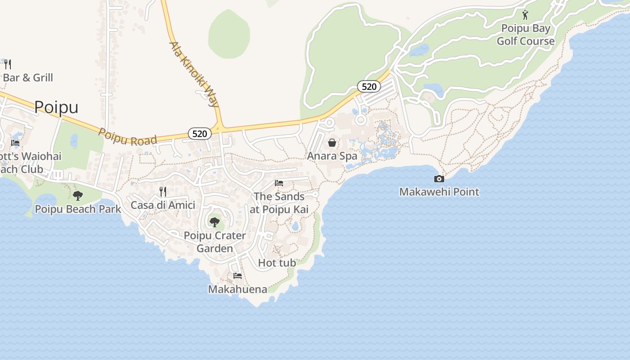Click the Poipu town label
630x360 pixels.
(56, 107)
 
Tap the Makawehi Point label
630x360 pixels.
(439, 192)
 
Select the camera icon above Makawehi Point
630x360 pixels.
(439, 179)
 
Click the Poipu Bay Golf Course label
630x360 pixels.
(526, 35)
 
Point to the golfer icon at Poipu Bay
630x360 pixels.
(525, 15)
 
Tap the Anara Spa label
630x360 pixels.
(332, 156)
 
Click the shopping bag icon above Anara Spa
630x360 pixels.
(332, 143)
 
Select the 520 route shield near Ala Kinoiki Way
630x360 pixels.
(199, 133)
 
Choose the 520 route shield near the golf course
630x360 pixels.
(369, 86)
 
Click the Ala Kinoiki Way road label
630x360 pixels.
(194, 74)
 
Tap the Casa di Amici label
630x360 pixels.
(163, 205)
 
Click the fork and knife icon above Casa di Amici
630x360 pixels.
(163, 192)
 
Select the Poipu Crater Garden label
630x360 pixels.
(215, 242)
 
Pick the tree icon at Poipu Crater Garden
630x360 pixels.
(215, 222)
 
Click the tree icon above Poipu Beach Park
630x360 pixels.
(78, 196)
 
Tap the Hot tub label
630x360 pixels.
(277, 263)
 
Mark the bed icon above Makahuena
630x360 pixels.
(238, 275)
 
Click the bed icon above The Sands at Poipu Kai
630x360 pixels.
(279, 183)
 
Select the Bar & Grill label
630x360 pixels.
(28, 78)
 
